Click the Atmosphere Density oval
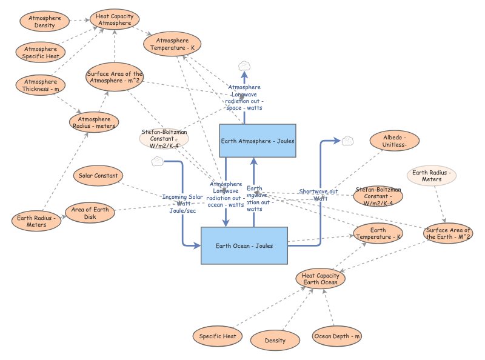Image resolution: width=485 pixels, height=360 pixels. (44, 22)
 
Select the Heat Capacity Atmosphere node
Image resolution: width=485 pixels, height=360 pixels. (115, 19)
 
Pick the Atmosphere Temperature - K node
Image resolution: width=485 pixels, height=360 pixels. (172, 44)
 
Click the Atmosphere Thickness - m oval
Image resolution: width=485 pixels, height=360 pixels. (42, 85)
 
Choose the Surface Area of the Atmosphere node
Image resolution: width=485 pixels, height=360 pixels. (115, 78)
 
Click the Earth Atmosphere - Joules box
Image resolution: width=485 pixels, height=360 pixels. (257, 141)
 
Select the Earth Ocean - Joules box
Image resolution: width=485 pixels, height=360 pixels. (244, 245)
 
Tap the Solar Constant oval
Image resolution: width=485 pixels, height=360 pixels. (98, 176)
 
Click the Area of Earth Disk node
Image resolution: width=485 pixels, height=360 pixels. (90, 213)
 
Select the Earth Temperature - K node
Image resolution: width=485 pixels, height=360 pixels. (378, 233)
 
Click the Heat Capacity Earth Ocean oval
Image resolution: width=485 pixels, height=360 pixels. (321, 279)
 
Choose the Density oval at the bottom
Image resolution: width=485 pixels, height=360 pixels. (275, 340)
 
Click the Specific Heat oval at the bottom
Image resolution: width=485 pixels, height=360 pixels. (217, 336)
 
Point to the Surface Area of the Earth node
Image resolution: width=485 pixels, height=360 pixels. (448, 233)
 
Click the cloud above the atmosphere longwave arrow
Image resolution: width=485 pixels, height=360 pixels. (244, 65)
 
